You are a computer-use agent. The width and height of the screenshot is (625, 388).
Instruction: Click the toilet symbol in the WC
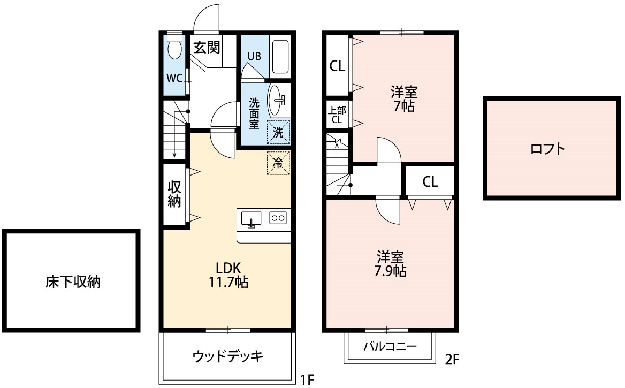pos(174,49)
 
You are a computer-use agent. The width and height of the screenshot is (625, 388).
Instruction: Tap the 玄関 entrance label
pos(207,48)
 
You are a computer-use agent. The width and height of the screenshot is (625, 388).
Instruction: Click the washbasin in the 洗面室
pos(277,100)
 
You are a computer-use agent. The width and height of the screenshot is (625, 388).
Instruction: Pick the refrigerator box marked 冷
pos(278,163)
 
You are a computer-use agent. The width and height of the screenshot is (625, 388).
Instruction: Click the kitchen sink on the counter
pos(251,219)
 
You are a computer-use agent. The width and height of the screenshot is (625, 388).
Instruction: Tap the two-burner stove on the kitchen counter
pos(278,218)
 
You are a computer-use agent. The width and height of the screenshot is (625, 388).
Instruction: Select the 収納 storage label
pos(174,194)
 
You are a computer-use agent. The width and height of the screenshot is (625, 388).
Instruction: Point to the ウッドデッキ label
pos(228,356)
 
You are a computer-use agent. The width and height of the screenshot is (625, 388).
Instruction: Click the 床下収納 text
pos(73,282)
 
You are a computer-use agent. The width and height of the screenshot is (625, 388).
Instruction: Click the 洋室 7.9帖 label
pos(391,264)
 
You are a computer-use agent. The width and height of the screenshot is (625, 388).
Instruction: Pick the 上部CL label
pos(337,115)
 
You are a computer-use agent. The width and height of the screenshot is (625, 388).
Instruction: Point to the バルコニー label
pos(390,346)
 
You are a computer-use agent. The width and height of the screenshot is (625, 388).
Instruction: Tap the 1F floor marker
pos(307,380)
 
